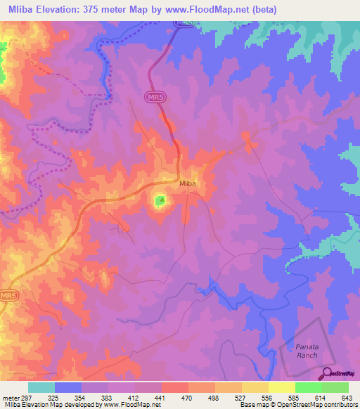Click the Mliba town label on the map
187,184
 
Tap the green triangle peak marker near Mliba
161,201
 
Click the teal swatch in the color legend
41,387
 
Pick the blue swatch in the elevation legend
68,387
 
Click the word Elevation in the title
65,10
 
